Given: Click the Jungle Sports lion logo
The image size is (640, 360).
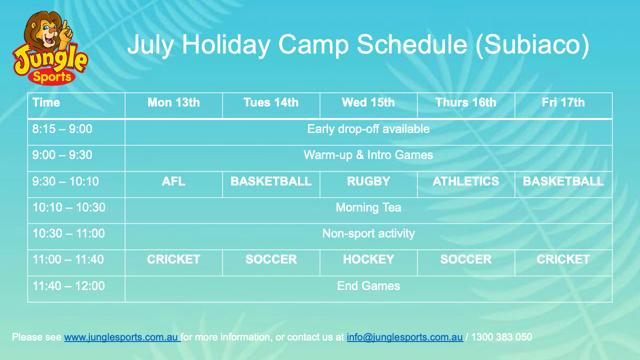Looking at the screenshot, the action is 50,48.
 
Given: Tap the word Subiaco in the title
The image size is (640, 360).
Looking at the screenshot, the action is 532,45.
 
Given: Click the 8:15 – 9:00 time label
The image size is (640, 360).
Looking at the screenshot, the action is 62,129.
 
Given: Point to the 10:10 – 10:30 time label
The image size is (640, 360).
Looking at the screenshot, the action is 69,207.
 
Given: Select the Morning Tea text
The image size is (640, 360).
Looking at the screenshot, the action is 368,207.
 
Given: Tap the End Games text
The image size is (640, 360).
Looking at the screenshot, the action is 368,286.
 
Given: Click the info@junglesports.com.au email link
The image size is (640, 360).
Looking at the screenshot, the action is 405,337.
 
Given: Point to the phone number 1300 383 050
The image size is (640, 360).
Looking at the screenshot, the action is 501,337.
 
